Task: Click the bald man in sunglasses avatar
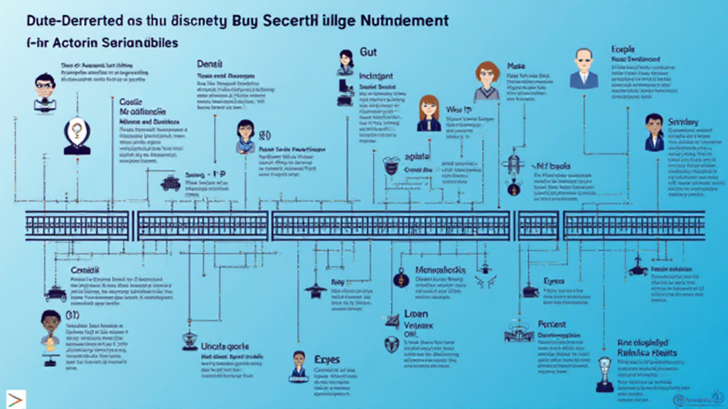(584, 69)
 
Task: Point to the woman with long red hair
(429, 113)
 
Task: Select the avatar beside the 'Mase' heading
(487, 80)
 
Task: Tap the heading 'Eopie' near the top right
(622, 49)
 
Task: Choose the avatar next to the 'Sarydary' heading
(654, 132)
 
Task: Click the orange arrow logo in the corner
(16, 398)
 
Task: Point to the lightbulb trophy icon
(604, 373)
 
